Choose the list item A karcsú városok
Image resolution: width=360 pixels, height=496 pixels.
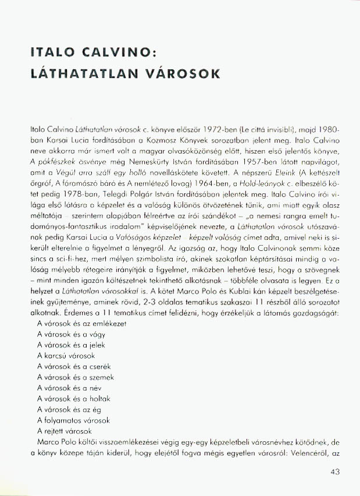tap(66, 355)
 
